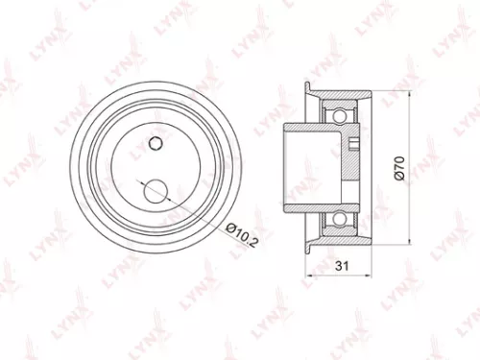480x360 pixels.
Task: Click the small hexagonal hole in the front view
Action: point(155,144)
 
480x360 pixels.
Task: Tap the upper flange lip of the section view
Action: point(309,87)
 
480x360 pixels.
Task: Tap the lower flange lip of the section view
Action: point(309,248)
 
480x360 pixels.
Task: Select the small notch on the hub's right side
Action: point(354,145)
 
